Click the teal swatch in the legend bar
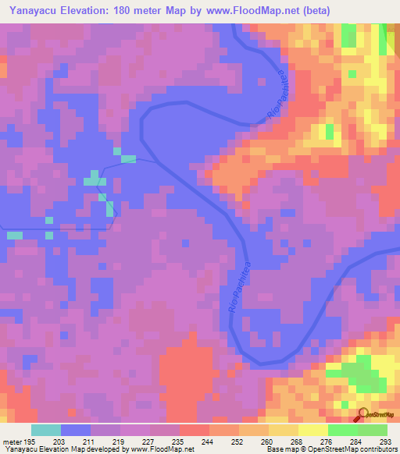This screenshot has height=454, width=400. (46, 430)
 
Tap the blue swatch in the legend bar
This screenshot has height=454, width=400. (76, 430)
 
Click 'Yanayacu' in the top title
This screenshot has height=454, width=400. (35, 10)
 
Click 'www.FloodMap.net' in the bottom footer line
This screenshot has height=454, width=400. (163, 449)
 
